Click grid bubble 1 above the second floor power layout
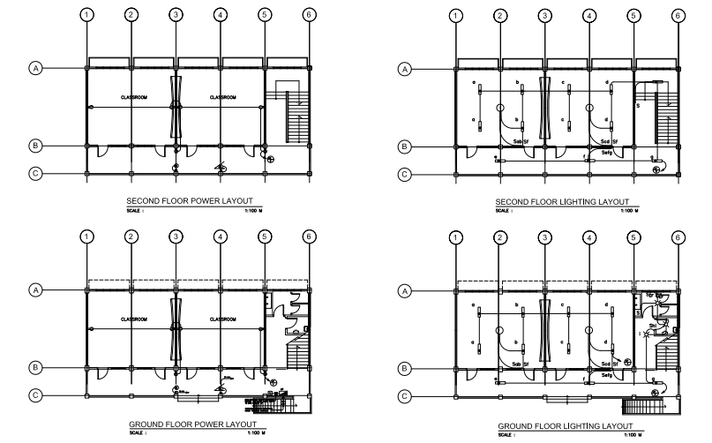(x=86, y=15)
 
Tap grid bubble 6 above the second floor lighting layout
(x=678, y=15)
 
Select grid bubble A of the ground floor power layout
(x=35, y=289)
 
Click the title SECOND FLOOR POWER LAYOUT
(x=196, y=202)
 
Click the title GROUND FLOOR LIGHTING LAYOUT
(x=566, y=425)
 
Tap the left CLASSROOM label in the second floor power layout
(x=134, y=97)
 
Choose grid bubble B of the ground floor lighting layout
(x=405, y=367)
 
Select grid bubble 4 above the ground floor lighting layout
(x=588, y=237)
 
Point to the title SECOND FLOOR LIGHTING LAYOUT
(x=566, y=202)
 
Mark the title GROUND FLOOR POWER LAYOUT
(x=196, y=424)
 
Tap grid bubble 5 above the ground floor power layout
(x=264, y=237)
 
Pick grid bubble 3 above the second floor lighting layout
(x=544, y=15)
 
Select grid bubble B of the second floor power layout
(x=35, y=146)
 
